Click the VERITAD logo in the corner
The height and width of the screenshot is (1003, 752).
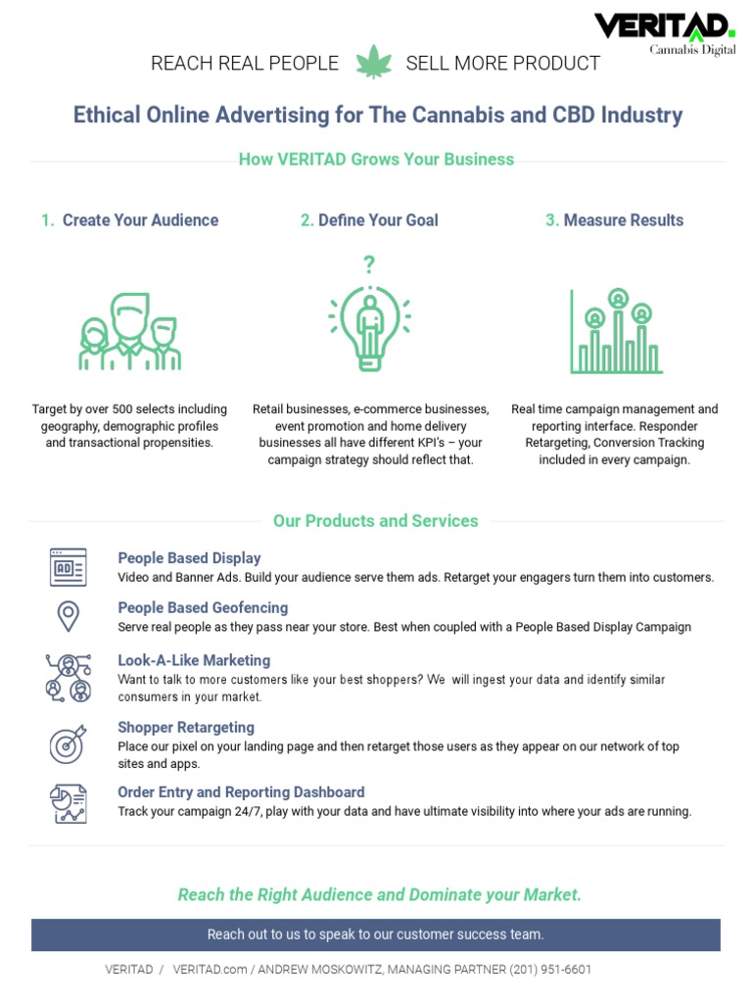[x=664, y=32]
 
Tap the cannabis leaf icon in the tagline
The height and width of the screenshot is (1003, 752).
[x=372, y=63]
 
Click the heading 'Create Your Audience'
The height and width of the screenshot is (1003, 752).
[x=140, y=220]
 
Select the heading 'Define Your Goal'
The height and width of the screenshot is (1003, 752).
[x=378, y=220]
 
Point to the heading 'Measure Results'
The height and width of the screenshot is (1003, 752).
[x=623, y=220]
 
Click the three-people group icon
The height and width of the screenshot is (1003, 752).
[x=129, y=332]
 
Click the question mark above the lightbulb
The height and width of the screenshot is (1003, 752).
[x=369, y=264]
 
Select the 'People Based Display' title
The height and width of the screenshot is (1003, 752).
[x=189, y=558]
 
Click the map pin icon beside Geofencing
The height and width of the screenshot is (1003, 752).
[x=68, y=616]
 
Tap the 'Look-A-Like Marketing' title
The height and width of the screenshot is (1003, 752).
[x=194, y=661]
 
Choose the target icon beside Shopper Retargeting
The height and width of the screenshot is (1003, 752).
[x=68, y=744]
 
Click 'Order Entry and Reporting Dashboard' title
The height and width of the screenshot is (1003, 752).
[x=241, y=792]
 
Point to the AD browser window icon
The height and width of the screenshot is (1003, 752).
[x=68, y=567]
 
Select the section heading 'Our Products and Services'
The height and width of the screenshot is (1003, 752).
[x=376, y=521]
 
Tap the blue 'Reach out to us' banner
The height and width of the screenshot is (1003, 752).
[x=376, y=934]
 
